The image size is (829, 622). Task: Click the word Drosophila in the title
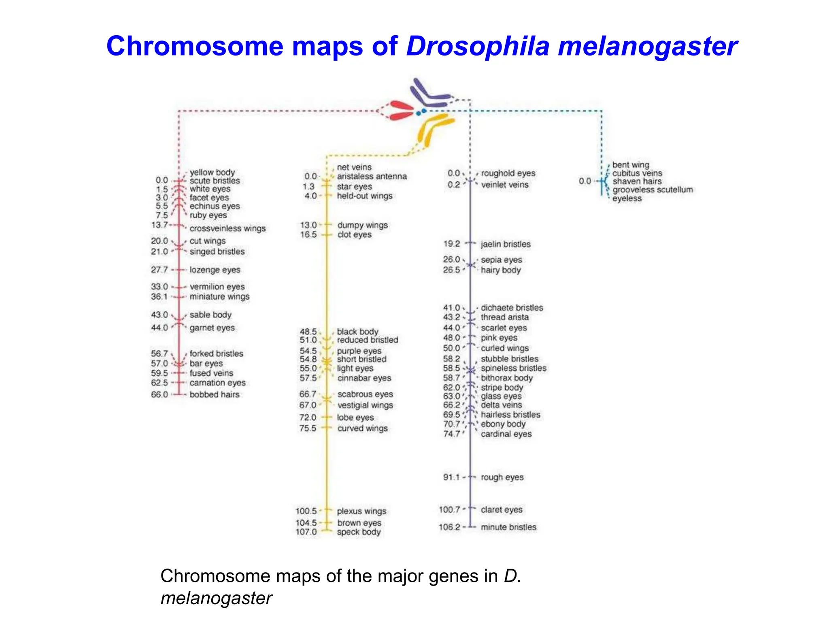click(x=478, y=46)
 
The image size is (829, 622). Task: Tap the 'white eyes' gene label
click(x=210, y=189)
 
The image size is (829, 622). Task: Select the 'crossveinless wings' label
click(x=227, y=228)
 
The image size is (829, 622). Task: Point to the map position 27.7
click(x=159, y=270)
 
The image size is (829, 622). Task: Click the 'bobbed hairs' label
click(x=215, y=394)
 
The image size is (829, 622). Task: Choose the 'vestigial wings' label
click(x=365, y=405)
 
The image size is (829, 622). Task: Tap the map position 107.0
click(x=306, y=532)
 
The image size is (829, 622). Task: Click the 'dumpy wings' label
click(x=362, y=225)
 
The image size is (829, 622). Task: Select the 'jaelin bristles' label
click(x=506, y=244)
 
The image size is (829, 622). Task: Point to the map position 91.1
click(x=451, y=477)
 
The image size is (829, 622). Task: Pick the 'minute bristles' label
click(x=508, y=527)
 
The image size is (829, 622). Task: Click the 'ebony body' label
click(x=503, y=424)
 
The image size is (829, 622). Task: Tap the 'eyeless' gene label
click(x=627, y=198)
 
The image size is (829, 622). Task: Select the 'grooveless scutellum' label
click(x=653, y=190)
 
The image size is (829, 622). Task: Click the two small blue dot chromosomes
click(x=421, y=111)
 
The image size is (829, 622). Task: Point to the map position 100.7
click(x=449, y=509)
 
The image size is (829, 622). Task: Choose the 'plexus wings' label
click(x=361, y=511)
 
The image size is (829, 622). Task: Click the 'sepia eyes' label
click(x=502, y=260)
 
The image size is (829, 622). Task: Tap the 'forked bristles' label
click(x=217, y=354)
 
